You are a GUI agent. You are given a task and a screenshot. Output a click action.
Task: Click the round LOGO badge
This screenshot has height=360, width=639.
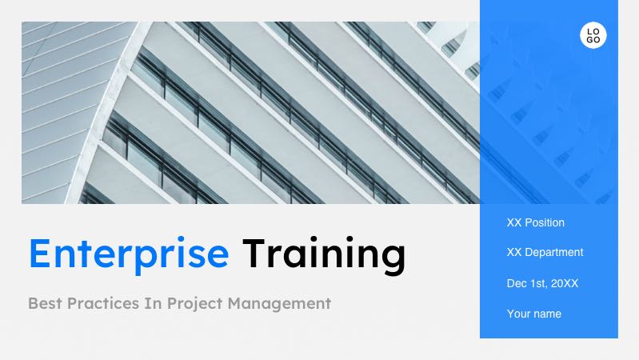coord(593,35)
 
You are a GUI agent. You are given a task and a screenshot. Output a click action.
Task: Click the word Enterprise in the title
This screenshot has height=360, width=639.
coord(129,254)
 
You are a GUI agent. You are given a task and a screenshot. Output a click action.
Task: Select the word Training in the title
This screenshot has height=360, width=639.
coord(324,254)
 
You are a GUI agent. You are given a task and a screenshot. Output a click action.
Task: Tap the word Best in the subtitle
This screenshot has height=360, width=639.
coord(45,303)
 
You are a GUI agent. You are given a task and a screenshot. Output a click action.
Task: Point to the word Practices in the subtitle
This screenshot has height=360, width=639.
coord(102,303)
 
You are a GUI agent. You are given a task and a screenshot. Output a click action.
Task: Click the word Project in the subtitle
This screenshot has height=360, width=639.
coord(195,304)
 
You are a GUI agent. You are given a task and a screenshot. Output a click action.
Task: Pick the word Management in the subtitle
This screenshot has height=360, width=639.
coord(279,304)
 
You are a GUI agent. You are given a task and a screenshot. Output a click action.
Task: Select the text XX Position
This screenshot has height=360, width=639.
coord(536,222)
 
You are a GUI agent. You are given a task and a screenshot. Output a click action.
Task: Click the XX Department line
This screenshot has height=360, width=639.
coord(545,252)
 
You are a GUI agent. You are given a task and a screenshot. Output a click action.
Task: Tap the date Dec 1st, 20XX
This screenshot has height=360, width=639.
coord(542,283)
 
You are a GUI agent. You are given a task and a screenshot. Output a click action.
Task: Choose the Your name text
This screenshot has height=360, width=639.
coord(534,314)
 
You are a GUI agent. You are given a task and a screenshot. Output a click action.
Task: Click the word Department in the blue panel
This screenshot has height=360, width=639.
coord(554,253)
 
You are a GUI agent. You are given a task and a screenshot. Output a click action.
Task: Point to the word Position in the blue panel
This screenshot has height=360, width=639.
coord(545,222)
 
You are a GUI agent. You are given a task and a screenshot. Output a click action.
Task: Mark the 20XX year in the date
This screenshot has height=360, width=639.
coord(565,283)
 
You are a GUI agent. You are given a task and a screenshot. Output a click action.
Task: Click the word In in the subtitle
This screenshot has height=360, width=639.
coord(154,303)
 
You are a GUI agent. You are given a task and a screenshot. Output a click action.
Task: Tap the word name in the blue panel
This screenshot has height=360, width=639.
coord(549,314)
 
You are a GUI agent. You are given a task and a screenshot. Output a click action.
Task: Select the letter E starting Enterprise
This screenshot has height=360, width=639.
coord(39,253)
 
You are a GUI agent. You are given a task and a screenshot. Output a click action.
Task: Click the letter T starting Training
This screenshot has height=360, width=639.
coord(254,253)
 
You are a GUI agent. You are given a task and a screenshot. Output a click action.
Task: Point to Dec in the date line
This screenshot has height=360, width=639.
coord(515,283)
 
